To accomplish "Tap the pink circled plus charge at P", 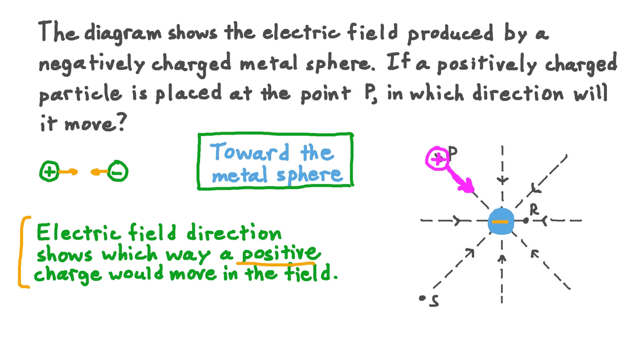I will (x=437, y=159).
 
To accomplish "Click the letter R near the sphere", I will (x=534, y=210).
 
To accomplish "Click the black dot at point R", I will (x=526, y=220).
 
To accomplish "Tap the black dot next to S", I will (x=422, y=298).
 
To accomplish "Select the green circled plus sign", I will (x=49, y=172).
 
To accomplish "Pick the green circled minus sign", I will (x=118, y=172).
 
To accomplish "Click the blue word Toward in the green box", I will (x=249, y=153).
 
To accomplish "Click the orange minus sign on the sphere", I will (x=500, y=222).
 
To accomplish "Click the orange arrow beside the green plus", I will (x=69, y=172).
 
